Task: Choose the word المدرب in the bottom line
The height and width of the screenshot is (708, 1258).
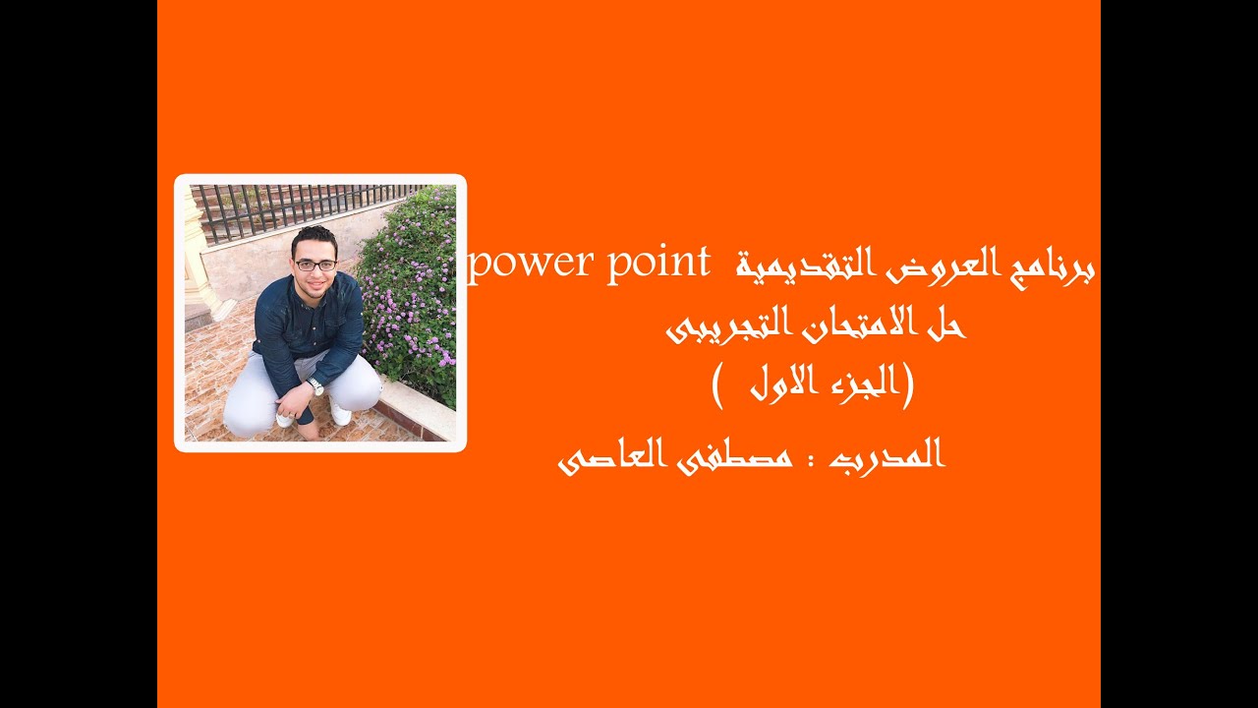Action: click(x=889, y=456)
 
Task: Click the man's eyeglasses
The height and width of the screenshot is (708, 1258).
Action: click(x=315, y=265)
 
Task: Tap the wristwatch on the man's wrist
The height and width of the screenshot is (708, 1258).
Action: click(x=315, y=386)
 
